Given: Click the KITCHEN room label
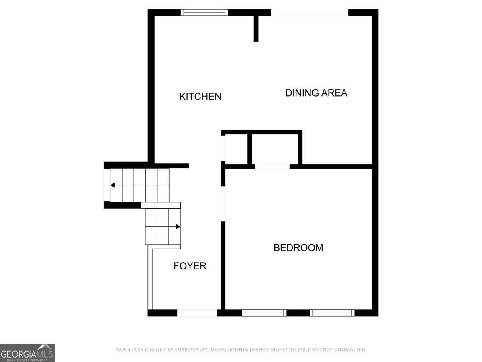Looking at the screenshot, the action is click(200, 97).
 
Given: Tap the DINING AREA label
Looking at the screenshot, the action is click(316, 93).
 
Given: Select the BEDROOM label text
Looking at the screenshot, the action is click(298, 248).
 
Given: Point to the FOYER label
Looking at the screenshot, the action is click(190, 266).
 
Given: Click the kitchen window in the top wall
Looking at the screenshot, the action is click(204, 12).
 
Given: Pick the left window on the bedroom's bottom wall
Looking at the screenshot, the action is click(264, 313).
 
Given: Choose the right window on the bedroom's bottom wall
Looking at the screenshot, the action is click(332, 313).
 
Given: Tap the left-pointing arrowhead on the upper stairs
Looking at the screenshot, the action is click(112, 185).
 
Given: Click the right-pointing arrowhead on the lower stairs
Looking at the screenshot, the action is click(178, 226).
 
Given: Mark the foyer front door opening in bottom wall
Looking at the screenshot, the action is click(197, 313).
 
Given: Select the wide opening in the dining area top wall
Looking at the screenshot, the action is click(310, 12).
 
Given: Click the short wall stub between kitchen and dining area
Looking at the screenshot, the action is click(256, 29).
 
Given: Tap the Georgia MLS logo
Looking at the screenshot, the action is click(27, 353).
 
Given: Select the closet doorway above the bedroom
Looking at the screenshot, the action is click(272, 167).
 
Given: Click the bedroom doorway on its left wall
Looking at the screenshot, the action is click(223, 204).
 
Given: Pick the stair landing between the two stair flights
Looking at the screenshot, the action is click(161, 205).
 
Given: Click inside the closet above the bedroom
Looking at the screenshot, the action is click(275, 149).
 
